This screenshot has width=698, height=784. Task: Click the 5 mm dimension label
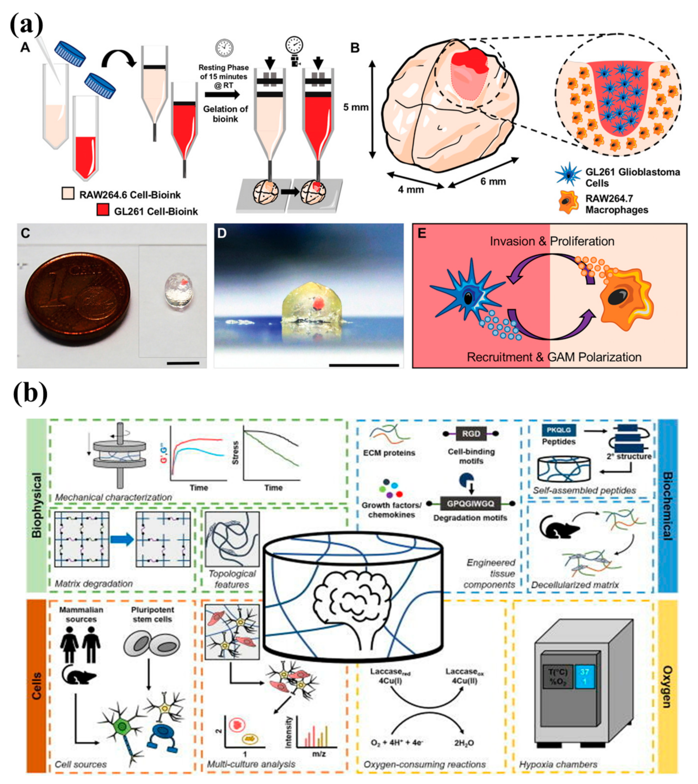(x=355, y=107)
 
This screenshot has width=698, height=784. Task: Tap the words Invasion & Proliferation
(x=552, y=241)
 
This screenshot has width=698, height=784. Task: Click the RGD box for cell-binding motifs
(x=471, y=434)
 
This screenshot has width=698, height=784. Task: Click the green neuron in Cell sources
(x=123, y=726)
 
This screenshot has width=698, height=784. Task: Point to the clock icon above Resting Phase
(x=224, y=48)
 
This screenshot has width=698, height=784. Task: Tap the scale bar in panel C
(x=184, y=362)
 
